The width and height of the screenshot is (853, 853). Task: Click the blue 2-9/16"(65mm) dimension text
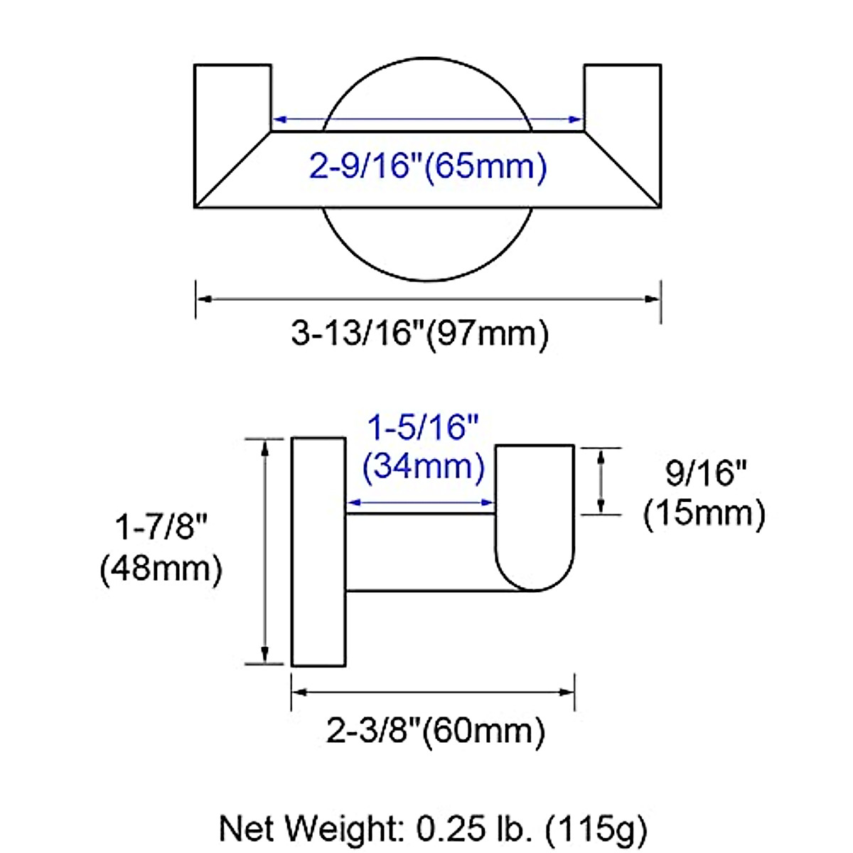pyautogui.click(x=428, y=167)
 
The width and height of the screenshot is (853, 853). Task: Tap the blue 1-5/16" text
pyautogui.click(x=424, y=427)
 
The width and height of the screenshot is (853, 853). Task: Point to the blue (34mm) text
pyautogui.click(x=424, y=466)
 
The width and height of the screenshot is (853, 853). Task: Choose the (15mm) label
pyautogui.click(x=704, y=513)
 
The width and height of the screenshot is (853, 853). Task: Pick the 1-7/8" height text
pyautogui.click(x=161, y=527)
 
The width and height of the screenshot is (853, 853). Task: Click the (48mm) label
pyautogui.click(x=161, y=569)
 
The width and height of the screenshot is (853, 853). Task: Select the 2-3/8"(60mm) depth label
pyautogui.click(x=436, y=731)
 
